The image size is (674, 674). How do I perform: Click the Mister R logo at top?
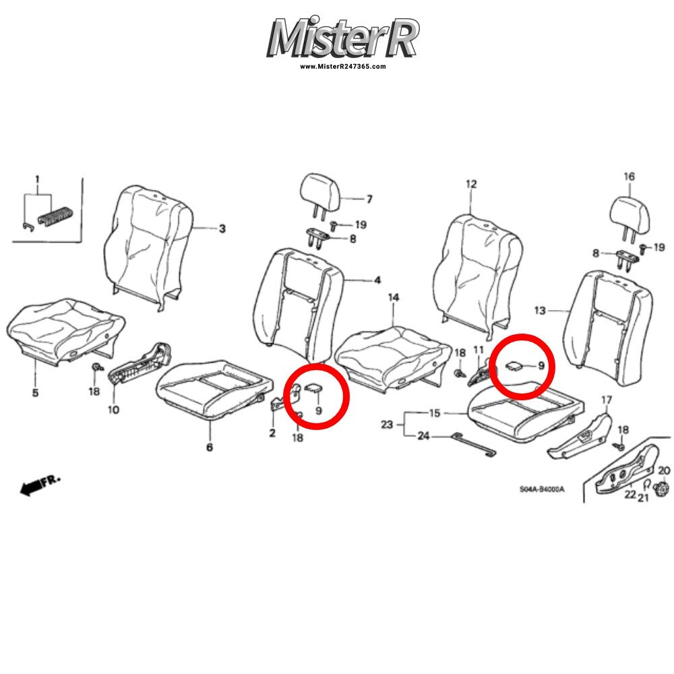click(342, 38)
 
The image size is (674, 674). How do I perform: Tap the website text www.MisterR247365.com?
click(342, 66)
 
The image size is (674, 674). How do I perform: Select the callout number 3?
click(222, 228)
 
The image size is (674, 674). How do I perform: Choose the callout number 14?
click(394, 297)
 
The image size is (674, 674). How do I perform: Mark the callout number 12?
click(471, 184)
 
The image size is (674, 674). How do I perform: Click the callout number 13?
click(540, 310)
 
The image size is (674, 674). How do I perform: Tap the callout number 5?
click(35, 392)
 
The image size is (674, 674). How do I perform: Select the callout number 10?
click(113, 410)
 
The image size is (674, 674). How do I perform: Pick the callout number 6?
click(210, 447)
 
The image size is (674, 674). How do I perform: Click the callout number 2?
click(272, 433)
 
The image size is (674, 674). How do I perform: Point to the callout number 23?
click(387, 424)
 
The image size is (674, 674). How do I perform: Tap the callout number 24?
click(423, 436)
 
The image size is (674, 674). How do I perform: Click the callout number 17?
click(606, 400)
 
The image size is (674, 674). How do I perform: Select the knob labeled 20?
click(661, 489)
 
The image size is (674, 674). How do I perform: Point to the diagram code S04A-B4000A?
click(542, 489)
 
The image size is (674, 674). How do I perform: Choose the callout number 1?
click(37, 179)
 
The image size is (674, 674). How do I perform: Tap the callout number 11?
click(479, 350)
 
